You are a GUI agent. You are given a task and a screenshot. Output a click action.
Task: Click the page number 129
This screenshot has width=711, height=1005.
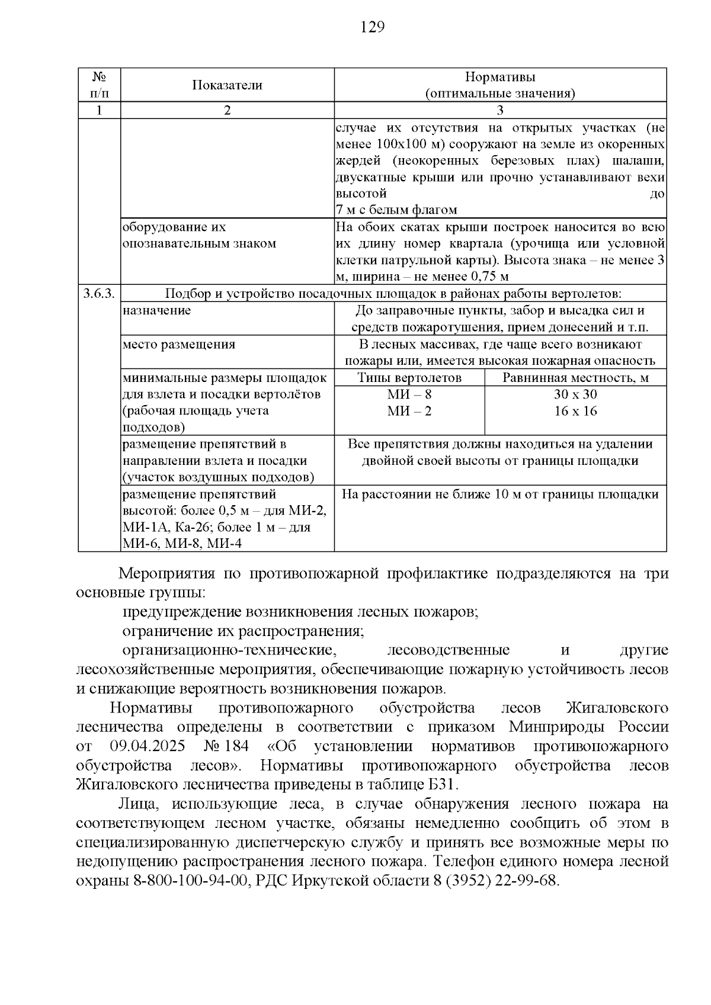(x=372, y=27)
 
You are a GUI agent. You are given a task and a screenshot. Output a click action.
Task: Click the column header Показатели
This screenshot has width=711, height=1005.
(x=227, y=85)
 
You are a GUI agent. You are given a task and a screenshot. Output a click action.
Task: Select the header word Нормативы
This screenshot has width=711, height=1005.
(x=500, y=78)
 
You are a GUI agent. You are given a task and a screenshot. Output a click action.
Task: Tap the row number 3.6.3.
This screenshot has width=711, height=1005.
(x=99, y=294)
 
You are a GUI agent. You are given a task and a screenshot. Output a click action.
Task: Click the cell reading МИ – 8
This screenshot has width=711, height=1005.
(x=409, y=394)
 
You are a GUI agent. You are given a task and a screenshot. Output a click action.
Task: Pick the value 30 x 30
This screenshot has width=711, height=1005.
(x=575, y=394)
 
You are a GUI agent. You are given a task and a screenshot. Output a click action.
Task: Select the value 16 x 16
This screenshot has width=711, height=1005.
(x=575, y=411)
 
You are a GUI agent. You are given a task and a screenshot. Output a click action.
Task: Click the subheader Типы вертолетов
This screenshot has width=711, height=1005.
(x=409, y=378)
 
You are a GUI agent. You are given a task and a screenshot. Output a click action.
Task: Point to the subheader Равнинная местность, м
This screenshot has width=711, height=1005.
(x=575, y=378)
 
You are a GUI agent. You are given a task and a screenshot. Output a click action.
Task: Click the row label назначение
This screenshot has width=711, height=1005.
(x=157, y=310)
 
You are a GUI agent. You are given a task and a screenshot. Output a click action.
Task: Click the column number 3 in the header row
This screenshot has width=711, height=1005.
(x=500, y=110)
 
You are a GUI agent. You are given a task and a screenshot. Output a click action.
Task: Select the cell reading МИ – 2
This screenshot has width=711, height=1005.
(x=409, y=411)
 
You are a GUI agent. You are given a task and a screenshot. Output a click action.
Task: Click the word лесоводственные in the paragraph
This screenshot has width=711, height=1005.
(x=449, y=650)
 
